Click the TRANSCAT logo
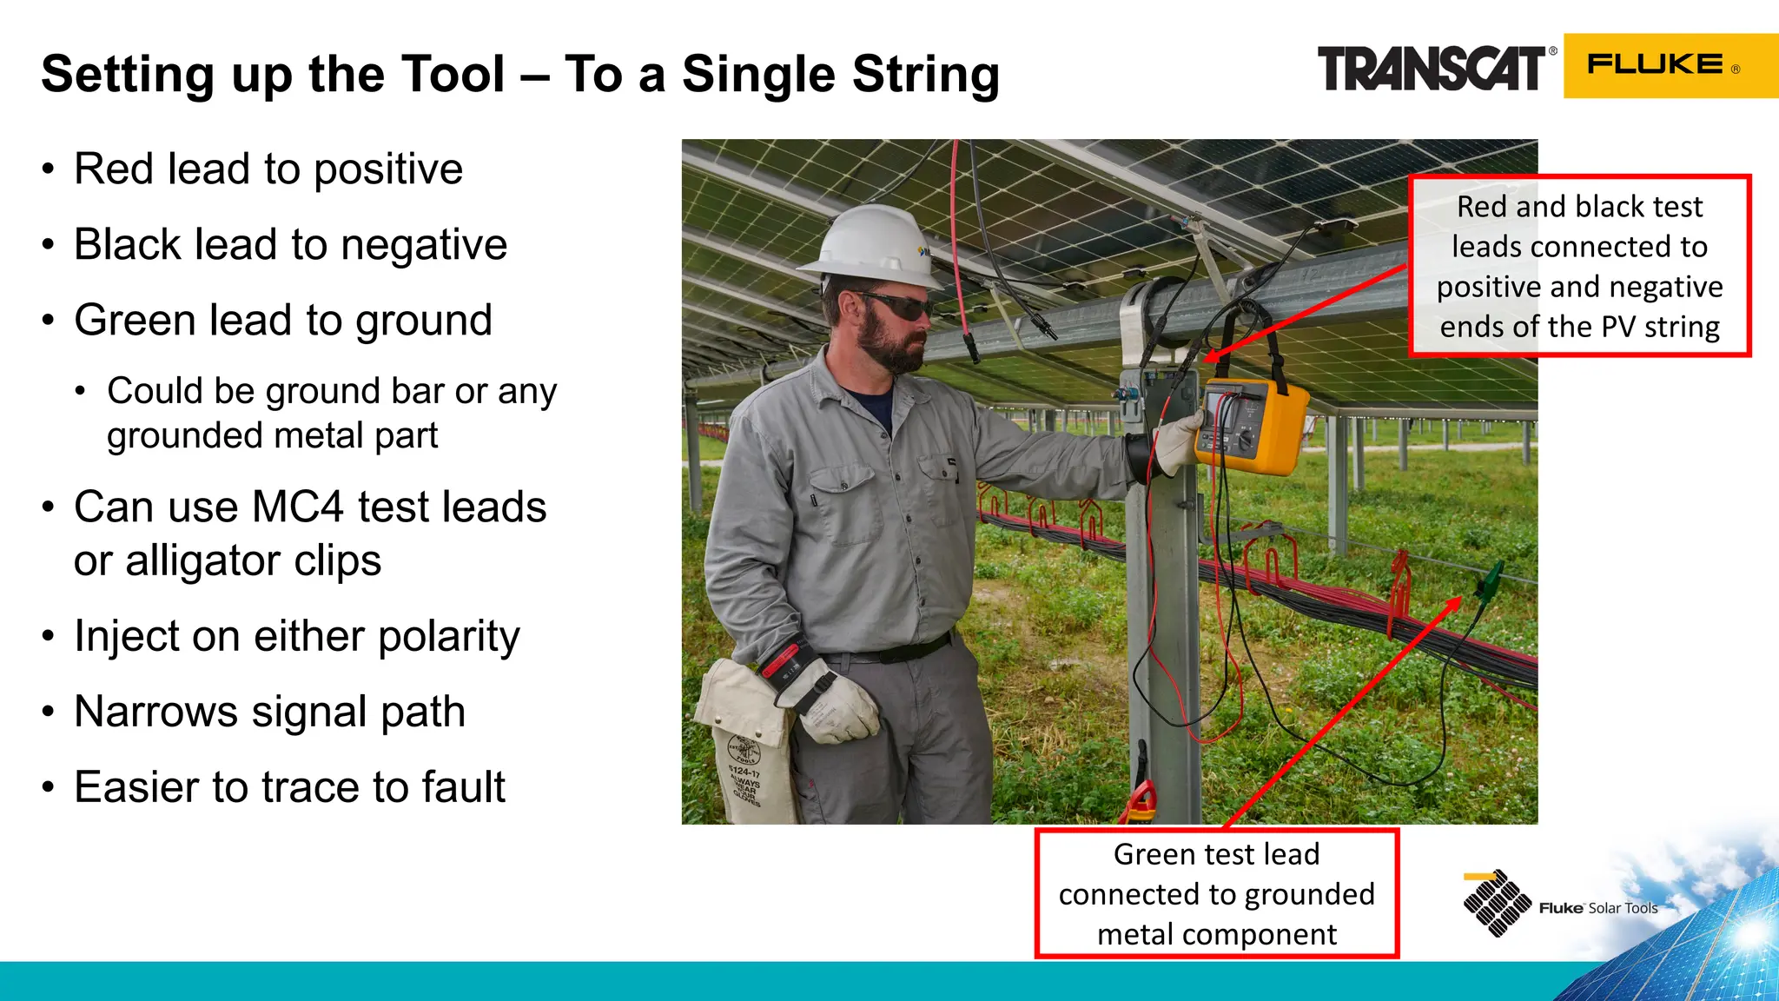click(1431, 69)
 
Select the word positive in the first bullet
click(388, 169)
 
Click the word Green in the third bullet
click(134, 321)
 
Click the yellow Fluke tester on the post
click(1251, 426)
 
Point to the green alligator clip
click(1489, 578)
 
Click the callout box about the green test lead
click(1216, 894)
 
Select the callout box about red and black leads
click(1578, 266)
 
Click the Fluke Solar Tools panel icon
click(1496, 904)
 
